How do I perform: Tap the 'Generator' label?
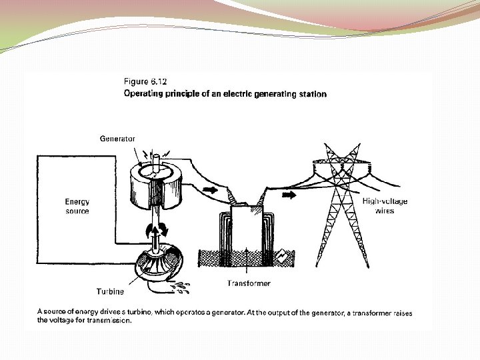(117, 139)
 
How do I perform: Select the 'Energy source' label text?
(77, 206)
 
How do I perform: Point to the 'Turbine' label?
(110, 291)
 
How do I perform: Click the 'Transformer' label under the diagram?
(249, 283)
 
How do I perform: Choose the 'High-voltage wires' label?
(385, 206)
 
